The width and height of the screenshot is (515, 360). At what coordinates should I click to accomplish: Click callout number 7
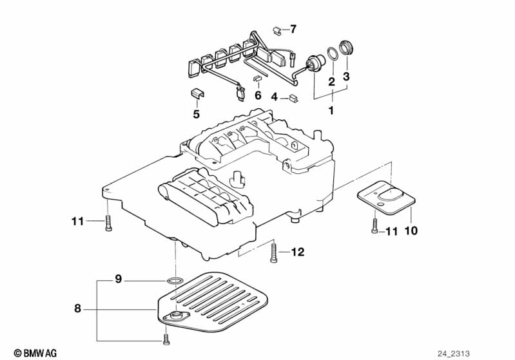point(293,29)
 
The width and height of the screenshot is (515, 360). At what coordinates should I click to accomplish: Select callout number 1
point(332,111)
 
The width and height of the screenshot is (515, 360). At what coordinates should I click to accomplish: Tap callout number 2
point(331,82)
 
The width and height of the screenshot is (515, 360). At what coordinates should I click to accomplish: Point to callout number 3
point(346,77)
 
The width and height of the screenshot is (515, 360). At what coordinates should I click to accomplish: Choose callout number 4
point(274,97)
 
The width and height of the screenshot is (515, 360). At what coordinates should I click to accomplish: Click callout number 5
point(197,114)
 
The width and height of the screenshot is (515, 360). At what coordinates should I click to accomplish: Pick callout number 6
point(257,95)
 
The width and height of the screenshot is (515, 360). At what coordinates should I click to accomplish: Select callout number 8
point(78,309)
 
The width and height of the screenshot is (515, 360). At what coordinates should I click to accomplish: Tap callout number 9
point(118,279)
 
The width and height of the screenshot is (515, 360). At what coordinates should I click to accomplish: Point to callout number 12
point(297,252)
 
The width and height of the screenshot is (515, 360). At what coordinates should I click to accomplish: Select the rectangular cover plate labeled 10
point(385,198)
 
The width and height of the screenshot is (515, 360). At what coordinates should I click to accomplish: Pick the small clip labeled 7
point(276,30)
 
